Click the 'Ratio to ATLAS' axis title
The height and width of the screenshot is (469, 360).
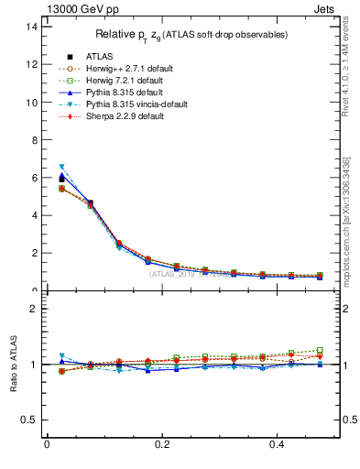pos(13,364)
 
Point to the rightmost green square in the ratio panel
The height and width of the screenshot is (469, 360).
pos(320,350)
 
